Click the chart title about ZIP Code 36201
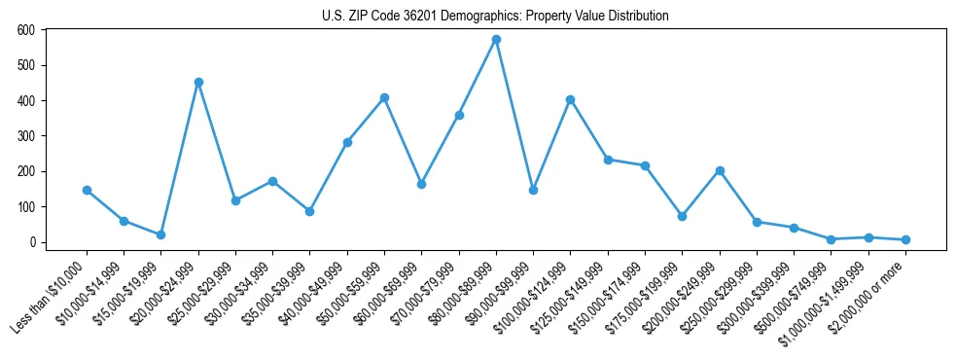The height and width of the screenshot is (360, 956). tap(495, 16)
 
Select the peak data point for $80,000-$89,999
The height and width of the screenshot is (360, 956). tap(496, 40)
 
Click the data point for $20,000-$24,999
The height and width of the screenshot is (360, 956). tap(198, 82)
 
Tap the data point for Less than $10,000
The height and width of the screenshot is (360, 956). tap(87, 190)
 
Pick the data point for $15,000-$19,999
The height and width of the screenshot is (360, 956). tap(160, 234)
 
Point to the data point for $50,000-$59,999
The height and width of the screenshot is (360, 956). tap(384, 97)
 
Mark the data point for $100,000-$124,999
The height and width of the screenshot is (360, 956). tap(570, 99)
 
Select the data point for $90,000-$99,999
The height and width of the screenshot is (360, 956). tap(533, 190)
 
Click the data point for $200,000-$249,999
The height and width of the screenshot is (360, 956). tap(719, 170)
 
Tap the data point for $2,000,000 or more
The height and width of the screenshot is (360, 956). tap(905, 239)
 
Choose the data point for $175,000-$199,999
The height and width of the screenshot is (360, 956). tap(682, 216)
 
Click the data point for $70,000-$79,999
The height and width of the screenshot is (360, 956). tap(459, 115)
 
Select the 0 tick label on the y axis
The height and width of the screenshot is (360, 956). tap(32, 242)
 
